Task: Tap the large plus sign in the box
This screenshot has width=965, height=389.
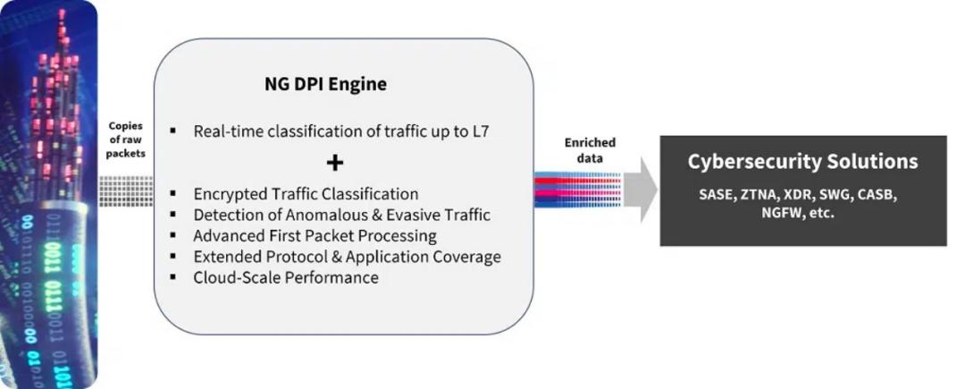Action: tap(334, 162)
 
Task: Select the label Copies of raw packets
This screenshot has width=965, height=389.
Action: tap(125, 140)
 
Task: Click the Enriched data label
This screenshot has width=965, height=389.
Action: tap(590, 150)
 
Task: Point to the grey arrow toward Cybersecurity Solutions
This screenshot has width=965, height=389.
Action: tap(640, 190)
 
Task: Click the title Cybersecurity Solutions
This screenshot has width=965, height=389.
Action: tap(802, 162)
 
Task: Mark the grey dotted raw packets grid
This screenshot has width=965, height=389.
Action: tap(125, 190)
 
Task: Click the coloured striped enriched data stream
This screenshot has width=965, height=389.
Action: tap(576, 190)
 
